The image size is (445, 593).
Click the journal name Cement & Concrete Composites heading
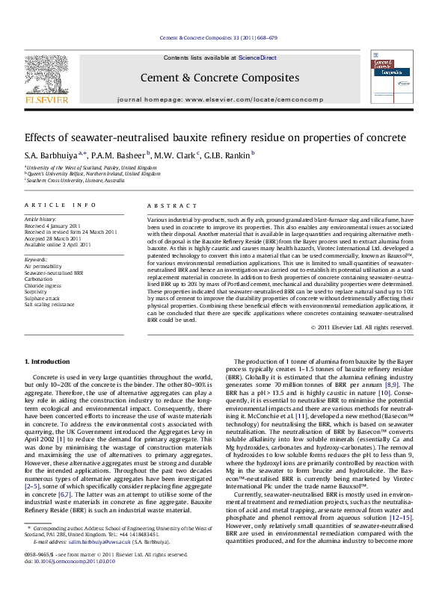coord(221,77)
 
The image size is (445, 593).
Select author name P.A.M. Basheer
coord(116,155)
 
